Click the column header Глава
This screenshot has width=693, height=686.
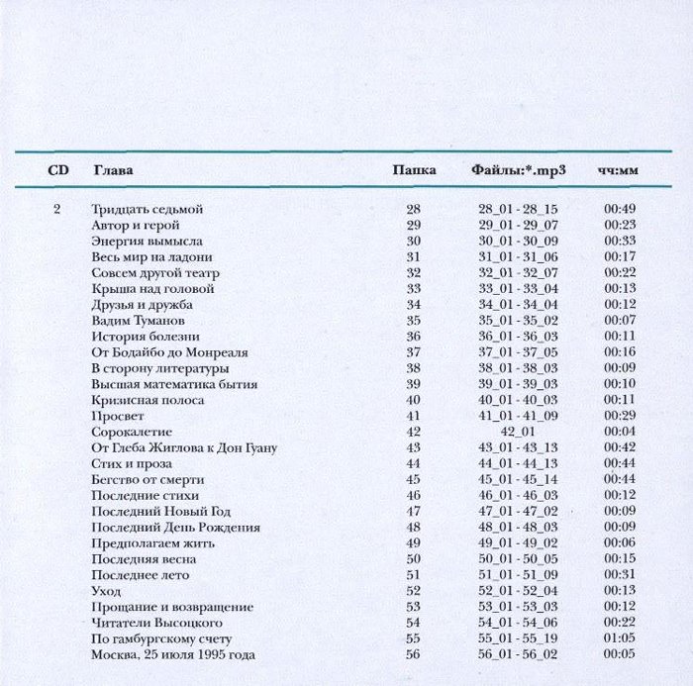(112, 170)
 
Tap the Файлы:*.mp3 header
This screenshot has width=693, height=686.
(518, 170)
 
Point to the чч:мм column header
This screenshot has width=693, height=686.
(618, 171)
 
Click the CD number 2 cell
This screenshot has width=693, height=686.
(57, 209)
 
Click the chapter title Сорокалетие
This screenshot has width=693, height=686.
(132, 432)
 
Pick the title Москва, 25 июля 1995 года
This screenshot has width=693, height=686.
(173, 654)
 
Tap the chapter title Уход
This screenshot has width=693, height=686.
(106, 591)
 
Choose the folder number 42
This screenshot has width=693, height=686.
(414, 432)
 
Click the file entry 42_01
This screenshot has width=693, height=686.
(518, 432)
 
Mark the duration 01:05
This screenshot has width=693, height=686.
(620, 638)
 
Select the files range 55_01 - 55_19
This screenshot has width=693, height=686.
(518, 638)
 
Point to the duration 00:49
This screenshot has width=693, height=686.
(620, 209)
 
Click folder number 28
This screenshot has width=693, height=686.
(414, 209)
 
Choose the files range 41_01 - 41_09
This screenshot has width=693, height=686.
(518, 416)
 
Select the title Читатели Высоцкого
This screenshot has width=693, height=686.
(156, 623)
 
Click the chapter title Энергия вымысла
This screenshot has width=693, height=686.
(147, 241)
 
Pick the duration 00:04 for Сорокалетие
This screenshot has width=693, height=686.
(620, 432)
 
